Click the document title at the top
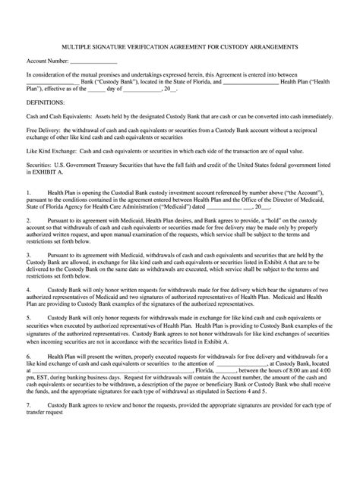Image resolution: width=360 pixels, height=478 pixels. [x=179, y=46]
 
